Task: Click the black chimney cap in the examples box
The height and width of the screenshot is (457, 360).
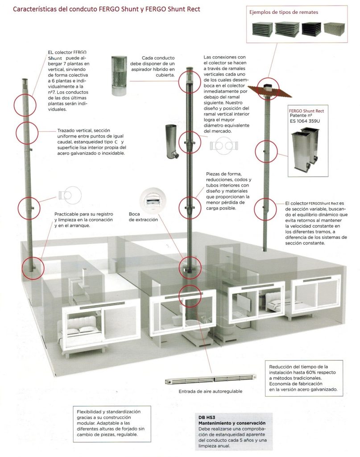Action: click(311, 29)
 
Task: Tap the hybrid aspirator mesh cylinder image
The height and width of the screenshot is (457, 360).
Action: click(119, 76)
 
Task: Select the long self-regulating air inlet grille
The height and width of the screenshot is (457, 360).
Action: click(211, 379)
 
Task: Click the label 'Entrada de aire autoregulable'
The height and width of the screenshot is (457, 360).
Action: click(210, 391)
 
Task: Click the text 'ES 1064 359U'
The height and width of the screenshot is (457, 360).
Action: click(305, 121)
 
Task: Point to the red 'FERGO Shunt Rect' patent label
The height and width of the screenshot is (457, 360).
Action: click(306, 111)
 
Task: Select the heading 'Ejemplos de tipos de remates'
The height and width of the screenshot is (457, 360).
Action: click(283, 12)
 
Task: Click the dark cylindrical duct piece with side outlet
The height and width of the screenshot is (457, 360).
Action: click(171, 141)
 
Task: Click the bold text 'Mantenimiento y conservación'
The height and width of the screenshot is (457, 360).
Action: click(232, 423)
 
